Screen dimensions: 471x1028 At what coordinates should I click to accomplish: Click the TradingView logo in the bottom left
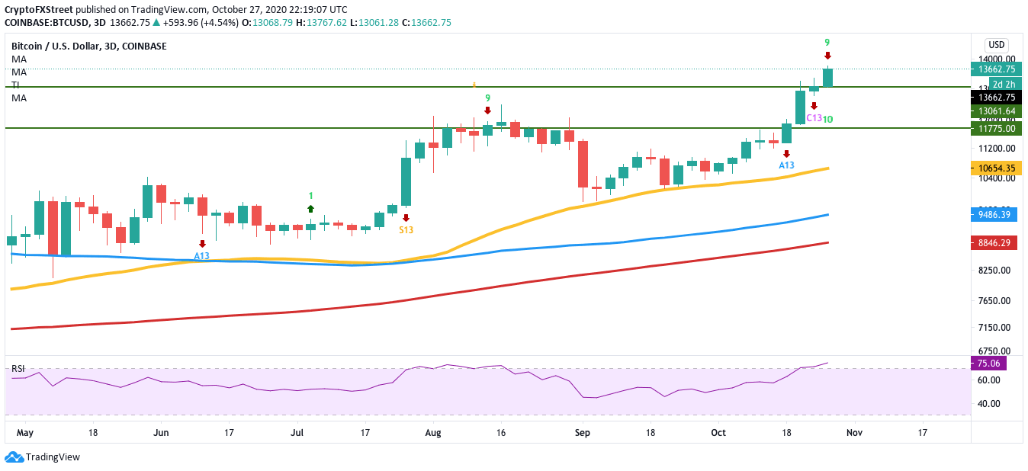(x=42, y=457)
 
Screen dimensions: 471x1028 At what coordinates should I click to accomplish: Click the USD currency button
(x=996, y=45)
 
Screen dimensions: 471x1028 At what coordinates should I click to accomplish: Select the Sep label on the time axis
(x=582, y=431)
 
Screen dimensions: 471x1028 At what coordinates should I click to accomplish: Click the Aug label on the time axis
(x=432, y=431)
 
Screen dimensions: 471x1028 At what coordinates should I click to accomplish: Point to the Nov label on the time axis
(x=854, y=431)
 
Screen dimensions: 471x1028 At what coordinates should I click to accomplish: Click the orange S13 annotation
(x=406, y=229)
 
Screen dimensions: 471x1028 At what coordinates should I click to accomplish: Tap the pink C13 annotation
(x=814, y=118)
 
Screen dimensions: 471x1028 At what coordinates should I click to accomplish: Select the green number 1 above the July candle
(x=310, y=196)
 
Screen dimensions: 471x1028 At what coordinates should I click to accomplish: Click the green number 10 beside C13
(x=827, y=119)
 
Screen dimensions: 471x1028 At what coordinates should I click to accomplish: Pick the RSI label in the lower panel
(x=18, y=369)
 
